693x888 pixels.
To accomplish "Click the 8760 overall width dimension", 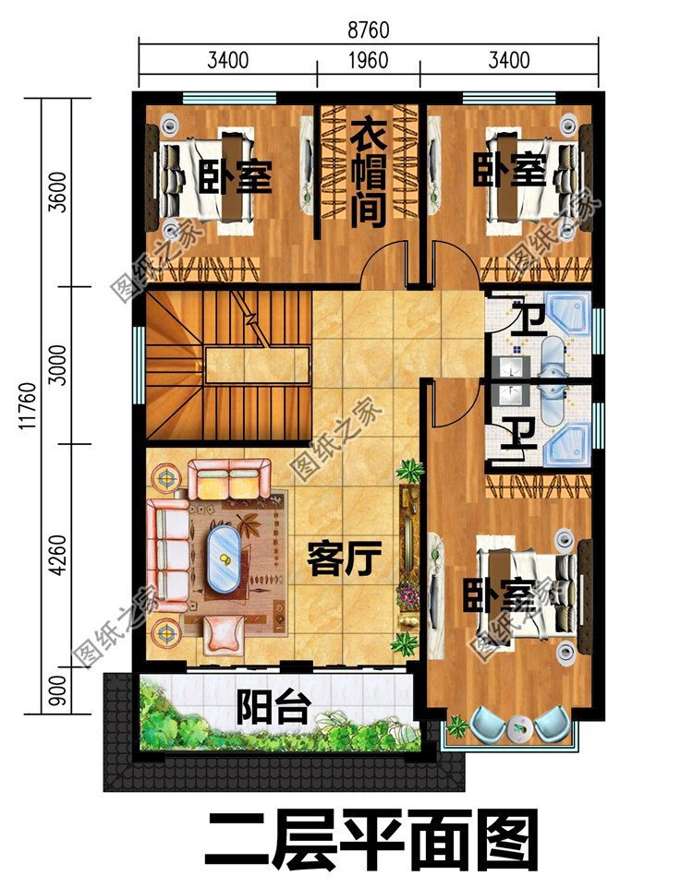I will (x=369, y=30).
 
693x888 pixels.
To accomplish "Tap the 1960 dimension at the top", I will (x=369, y=62).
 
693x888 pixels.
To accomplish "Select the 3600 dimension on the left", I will (x=57, y=191).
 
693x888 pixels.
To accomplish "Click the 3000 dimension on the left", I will (x=57, y=365).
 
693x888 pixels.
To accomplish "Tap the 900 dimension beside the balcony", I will (x=57, y=692).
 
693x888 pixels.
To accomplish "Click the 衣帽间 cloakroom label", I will (x=368, y=175).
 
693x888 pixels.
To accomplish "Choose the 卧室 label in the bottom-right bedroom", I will (x=500, y=597).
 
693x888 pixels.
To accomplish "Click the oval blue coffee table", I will (x=224, y=558).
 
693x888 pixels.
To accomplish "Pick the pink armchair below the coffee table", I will (x=225, y=633).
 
